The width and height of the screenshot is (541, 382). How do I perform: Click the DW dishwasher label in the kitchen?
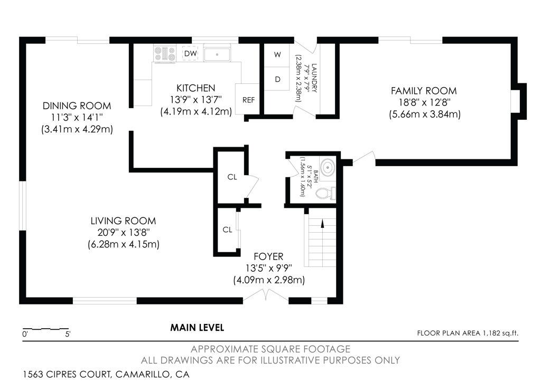(x=190, y=53)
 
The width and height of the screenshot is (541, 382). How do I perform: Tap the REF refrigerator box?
(x=248, y=99)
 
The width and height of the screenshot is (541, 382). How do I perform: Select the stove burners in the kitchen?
(x=165, y=54)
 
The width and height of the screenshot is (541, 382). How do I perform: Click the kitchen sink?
(x=217, y=54)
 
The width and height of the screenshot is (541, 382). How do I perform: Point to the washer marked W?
(x=277, y=54)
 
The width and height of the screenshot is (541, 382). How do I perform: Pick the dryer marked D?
(x=277, y=79)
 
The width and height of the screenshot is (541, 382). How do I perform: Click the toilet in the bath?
(x=325, y=193)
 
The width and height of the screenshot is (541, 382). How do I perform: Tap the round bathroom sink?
(x=327, y=167)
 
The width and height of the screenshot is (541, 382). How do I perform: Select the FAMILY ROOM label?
(x=424, y=91)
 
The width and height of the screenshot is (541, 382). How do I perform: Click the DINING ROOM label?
(x=77, y=106)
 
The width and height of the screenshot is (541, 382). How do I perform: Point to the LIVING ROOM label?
(x=123, y=221)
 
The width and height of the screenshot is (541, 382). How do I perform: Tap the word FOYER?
(x=268, y=256)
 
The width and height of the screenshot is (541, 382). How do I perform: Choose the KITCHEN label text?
(x=195, y=88)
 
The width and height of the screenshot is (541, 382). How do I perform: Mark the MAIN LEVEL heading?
(x=197, y=327)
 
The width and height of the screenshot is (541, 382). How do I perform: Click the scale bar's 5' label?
(x=68, y=334)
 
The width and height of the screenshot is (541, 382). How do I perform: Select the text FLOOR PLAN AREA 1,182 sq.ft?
(x=468, y=333)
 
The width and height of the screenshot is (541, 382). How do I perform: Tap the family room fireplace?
(x=519, y=101)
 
